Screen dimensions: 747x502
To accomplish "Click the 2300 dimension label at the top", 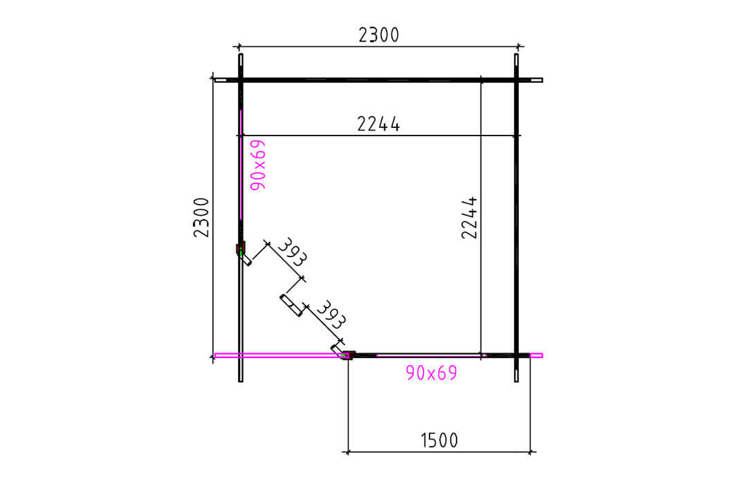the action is point(379,35).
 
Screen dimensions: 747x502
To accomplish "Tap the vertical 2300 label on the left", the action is point(201,217).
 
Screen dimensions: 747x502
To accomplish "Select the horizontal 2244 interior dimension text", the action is point(379,124).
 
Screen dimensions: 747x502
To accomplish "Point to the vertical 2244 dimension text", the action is point(469,217).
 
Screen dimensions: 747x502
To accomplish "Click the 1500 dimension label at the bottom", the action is point(439,440).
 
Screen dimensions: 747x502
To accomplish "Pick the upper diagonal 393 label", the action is point(292,252).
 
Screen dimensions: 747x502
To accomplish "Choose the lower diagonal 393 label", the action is point(330,315).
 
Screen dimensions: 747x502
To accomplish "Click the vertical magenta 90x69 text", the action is point(258,165).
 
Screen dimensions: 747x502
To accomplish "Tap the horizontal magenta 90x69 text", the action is point(432,373).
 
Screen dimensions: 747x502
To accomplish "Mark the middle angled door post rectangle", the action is point(292,306).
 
